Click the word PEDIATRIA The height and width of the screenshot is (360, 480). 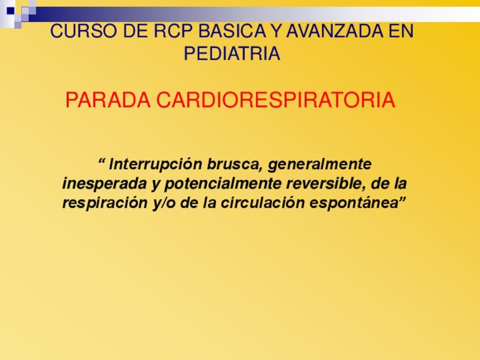(x=232, y=54)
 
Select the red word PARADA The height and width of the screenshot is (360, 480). (x=108, y=100)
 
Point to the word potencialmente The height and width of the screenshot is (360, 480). (x=223, y=184)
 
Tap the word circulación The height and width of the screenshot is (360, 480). (x=262, y=203)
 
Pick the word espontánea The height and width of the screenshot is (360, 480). (x=354, y=203)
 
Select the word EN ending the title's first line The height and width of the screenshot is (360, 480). (x=401, y=31)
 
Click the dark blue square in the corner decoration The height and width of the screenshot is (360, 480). (x=11, y=11)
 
